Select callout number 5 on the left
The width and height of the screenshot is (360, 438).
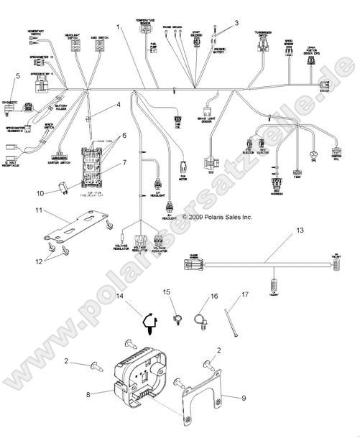point(18,75)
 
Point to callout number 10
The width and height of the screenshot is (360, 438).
point(41,192)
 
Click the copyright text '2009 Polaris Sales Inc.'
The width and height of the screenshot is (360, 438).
point(218,215)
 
